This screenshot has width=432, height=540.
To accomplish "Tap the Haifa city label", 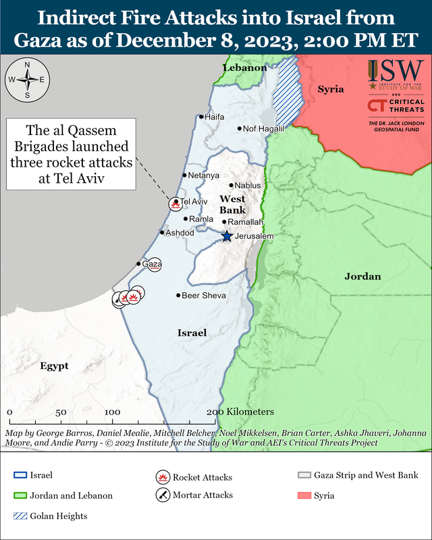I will [214, 117].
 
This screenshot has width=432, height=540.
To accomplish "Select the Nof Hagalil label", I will [259, 128].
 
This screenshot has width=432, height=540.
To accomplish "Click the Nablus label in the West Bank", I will [247, 185].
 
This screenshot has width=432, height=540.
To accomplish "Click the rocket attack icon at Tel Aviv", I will [175, 204].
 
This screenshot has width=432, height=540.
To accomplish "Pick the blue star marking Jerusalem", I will [227, 236].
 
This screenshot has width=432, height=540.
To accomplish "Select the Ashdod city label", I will [180, 232].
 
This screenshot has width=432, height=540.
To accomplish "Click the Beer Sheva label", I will [204, 296].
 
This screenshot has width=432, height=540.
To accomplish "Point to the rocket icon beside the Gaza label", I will [155, 265].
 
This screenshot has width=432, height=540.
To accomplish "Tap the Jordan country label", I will [363, 276].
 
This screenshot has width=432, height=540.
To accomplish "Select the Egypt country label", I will [53, 366].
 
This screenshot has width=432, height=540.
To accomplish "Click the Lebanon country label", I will [245, 68].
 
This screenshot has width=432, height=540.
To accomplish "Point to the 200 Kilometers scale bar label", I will [240, 412].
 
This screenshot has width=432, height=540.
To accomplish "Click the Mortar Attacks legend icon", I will [162, 495].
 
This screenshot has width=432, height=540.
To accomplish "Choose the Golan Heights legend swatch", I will [20, 516].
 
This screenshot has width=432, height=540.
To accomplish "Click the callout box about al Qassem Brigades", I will [71, 153].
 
